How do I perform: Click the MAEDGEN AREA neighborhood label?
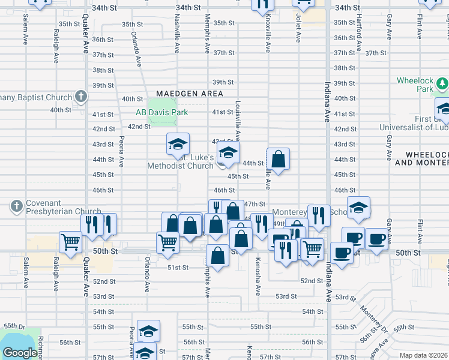190,94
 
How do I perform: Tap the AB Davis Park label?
161,112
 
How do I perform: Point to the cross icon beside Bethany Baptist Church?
81,97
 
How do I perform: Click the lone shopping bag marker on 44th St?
279,160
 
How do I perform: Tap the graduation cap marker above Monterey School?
358,208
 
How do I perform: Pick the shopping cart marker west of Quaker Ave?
70,242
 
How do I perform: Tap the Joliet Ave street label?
298,29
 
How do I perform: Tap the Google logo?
20,353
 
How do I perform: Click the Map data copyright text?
424,355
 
